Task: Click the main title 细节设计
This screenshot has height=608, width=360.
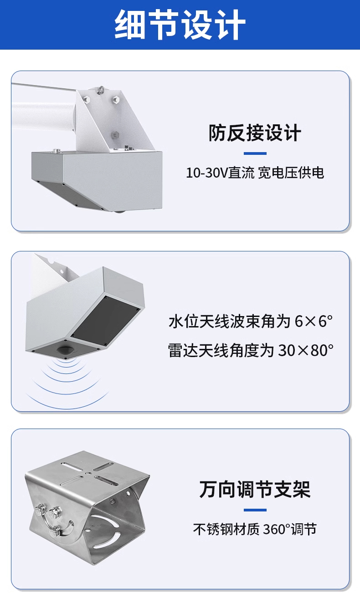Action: (180, 25)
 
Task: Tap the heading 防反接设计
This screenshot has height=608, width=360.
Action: (255, 133)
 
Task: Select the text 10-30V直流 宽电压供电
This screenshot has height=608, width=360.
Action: (255, 173)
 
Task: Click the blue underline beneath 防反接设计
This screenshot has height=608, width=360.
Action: (255, 153)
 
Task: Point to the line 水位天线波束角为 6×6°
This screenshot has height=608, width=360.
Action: (250, 322)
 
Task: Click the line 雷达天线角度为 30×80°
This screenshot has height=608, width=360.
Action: (250, 350)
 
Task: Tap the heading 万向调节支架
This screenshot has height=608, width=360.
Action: (255, 489)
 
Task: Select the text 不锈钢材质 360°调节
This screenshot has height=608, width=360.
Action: (255, 529)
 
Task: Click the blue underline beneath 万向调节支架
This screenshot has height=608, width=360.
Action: (255, 510)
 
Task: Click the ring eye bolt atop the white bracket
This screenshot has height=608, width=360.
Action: (101, 90)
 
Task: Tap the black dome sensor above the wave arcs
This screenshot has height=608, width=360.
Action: (64, 350)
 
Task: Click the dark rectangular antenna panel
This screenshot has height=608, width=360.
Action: (106, 321)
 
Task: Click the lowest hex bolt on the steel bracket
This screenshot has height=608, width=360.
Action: (55, 529)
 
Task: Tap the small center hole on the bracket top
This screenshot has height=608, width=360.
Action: (87, 474)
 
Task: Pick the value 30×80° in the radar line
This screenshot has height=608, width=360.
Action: (306, 350)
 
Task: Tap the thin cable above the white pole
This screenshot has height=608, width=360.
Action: (45, 87)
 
